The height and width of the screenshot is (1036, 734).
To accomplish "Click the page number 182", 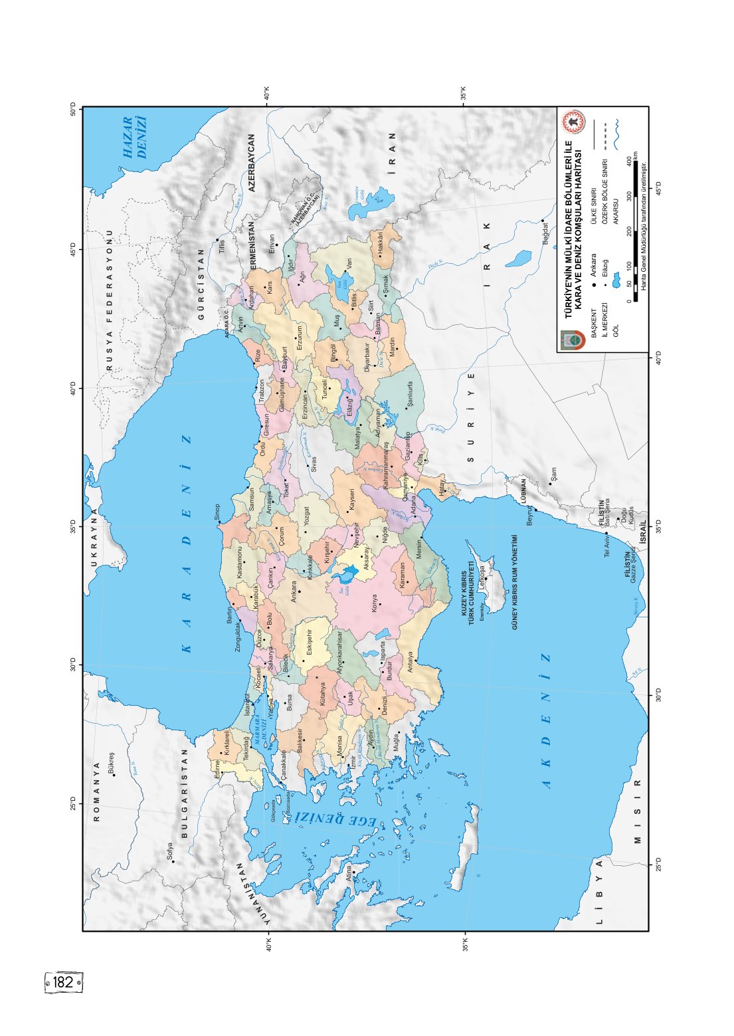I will tap(64, 982).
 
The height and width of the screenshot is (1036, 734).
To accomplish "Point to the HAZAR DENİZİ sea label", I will tap(135, 138).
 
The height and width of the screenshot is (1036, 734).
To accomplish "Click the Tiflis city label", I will tap(222, 246).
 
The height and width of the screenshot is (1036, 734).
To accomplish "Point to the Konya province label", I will tap(374, 603).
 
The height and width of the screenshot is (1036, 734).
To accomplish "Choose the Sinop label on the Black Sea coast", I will tap(217, 512).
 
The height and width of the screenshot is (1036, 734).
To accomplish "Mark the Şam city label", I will tap(553, 474).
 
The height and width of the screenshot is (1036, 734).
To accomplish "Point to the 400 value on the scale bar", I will tap(628, 161).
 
